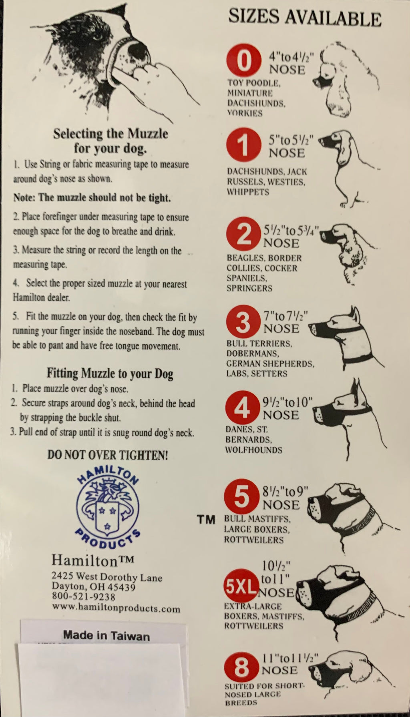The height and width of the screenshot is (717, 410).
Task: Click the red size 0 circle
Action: tap(244, 61)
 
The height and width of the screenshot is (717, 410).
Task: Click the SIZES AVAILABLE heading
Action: tap(305, 17)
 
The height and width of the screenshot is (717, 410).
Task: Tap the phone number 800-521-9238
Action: tap(84, 597)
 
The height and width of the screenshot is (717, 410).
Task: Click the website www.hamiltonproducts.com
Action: tap(116, 608)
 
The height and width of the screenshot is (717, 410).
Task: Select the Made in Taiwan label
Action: tap(107, 636)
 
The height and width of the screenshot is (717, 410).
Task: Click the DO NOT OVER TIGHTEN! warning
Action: tap(108, 455)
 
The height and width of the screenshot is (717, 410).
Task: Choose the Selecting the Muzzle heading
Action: tap(111, 141)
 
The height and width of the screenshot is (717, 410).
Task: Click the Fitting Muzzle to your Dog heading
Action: tap(110, 374)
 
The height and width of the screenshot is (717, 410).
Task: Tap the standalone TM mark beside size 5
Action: tap(206, 520)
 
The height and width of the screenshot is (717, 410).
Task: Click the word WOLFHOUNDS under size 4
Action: tap(253, 450)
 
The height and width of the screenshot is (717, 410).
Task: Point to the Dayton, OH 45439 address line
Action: tap(94, 586)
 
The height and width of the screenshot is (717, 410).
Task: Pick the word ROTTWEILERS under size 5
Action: tap(253, 540)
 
